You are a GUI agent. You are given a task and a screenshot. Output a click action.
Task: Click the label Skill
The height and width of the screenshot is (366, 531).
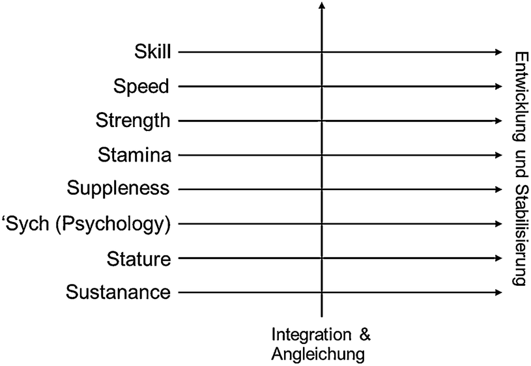click(152, 51)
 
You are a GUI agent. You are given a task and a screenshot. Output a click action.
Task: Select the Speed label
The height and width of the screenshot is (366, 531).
click(141, 86)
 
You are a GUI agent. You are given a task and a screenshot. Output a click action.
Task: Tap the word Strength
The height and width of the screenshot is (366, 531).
click(133, 120)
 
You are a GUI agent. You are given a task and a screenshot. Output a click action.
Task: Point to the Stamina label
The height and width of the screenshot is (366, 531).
click(134, 155)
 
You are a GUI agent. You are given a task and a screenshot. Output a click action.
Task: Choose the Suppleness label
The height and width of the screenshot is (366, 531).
click(118, 190)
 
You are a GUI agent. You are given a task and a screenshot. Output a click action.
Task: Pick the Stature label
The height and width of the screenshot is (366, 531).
click(138, 259)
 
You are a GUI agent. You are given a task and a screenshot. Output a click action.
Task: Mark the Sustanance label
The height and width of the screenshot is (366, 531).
click(118, 293)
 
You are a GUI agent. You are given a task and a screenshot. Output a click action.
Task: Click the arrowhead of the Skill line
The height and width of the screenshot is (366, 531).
click(498, 52)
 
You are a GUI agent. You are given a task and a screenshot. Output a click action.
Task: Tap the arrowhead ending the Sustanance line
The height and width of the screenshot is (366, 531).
click(498, 293)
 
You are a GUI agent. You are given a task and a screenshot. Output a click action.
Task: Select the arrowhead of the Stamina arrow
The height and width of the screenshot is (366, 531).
click(498, 155)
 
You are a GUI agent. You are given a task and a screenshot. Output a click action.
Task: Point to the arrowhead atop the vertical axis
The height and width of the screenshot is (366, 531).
click(322, 6)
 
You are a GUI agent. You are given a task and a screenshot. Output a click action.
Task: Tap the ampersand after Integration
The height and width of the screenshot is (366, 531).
click(365, 335)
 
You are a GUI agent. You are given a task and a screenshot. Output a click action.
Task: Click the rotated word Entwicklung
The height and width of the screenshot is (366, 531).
click(519, 89)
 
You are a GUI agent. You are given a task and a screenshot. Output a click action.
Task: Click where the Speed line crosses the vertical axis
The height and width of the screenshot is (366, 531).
click(322, 86)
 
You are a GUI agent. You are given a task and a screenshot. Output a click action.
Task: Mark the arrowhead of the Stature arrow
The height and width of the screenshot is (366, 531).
click(498, 259)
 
